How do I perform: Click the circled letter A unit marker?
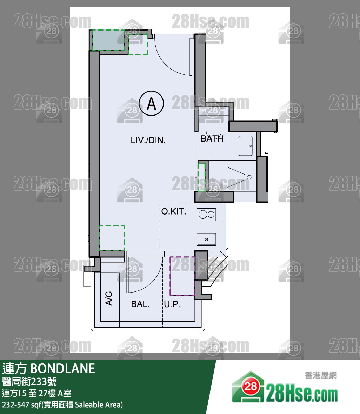pos(151,103)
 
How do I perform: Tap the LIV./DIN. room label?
pos(148,140)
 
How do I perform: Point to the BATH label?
pos(212,138)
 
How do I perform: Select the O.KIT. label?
pos(174,211)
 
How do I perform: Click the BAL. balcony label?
pos(140,304)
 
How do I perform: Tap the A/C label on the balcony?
pos(109,298)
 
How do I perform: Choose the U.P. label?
pos(172,304)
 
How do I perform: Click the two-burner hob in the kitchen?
pos(207,215)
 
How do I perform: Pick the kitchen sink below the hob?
pos(207,239)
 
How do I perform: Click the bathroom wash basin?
pos(246,146)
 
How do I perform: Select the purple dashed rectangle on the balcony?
pos(182,276)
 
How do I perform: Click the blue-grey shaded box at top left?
pos(108,40)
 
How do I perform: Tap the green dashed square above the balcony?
pos(112,238)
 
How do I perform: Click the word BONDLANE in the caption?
pos(63,369)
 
